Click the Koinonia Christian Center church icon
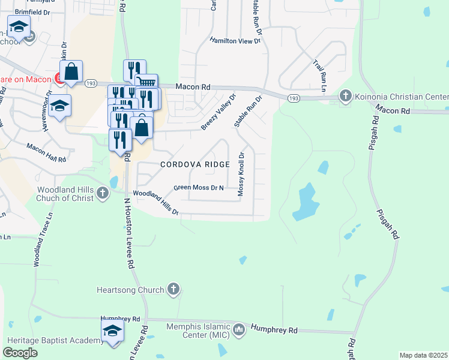point(345,96)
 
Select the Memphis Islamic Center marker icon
point(239,329)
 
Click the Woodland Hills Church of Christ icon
point(103,193)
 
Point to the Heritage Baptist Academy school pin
point(112,331)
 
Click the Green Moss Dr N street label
point(199,188)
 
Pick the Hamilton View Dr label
point(235,41)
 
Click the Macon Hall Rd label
point(47,152)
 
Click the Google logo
point(20,352)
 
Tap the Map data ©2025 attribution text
point(424,355)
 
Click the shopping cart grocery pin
point(146,84)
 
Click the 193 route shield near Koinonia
point(294,98)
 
